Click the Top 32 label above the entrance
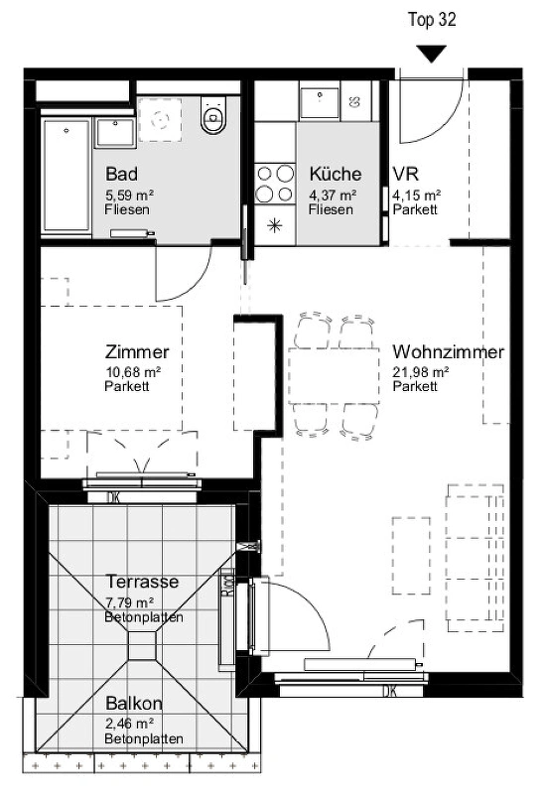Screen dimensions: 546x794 (432, 20)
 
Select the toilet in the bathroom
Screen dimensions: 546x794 (212, 115)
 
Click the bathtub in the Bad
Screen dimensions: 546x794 (67, 178)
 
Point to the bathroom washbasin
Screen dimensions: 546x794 (115, 133)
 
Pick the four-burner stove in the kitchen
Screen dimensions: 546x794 (275, 184)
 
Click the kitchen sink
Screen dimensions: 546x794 (319, 103)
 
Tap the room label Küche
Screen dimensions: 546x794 (336, 174)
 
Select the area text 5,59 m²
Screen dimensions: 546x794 (129, 195)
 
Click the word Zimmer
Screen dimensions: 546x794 (137, 351)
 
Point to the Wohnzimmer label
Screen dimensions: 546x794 (449, 351)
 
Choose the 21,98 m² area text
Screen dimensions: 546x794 (420, 372)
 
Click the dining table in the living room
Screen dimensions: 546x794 (334, 376)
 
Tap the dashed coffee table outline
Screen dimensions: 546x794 (411, 556)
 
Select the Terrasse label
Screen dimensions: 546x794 (142, 582)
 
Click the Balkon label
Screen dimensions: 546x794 (134, 704)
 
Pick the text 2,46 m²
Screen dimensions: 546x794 (129, 724)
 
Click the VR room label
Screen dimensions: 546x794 (406, 174)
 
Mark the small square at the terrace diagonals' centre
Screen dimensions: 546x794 (142, 646)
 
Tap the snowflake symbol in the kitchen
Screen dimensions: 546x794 (274, 225)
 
